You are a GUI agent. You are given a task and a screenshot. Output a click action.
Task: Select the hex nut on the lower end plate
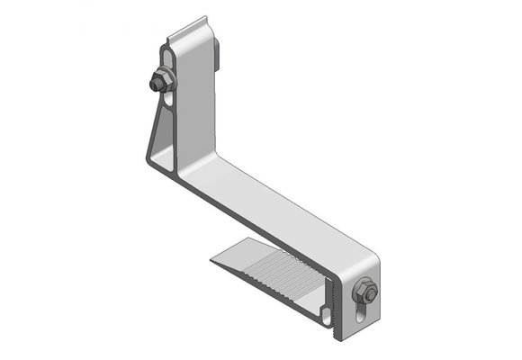[365, 292]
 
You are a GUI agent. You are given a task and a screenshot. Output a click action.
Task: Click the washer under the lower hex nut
[370, 291]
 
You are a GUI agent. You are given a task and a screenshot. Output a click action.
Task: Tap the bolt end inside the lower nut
[364, 292]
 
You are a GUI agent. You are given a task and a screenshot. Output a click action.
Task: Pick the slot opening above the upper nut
[166, 56]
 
